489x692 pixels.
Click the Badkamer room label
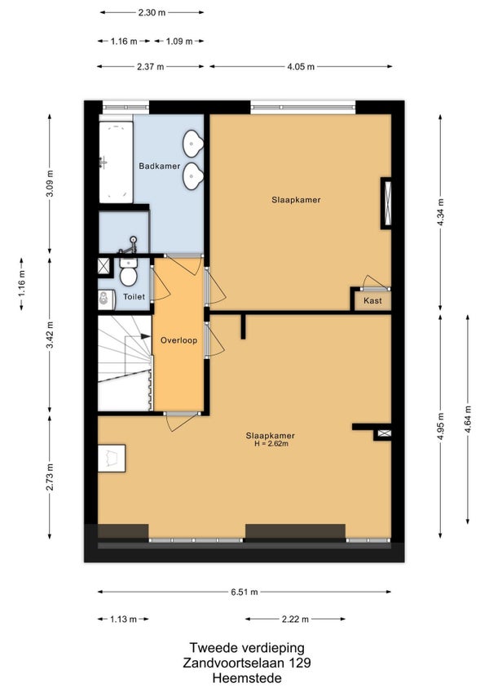(x=159, y=166)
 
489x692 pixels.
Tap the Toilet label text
(x=134, y=296)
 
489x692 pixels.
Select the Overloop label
(x=178, y=340)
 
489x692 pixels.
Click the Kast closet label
(x=372, y=300)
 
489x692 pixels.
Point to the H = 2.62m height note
(x=271, y=444)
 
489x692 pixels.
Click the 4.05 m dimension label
(x=301, y=67)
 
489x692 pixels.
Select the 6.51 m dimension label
(x=244, y=592)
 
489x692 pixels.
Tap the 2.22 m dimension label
(x=295, y=619)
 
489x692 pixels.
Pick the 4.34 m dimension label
(x=440, y=212)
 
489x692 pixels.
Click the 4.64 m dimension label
(x=467, y=419)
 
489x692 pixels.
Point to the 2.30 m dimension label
(x=152, y=12)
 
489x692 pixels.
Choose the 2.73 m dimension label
(x=50, y=477)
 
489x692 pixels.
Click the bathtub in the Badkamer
(x=116, y=162)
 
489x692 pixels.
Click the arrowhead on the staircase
(x=146, y=336)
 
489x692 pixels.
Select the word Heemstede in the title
(x=247, y=678)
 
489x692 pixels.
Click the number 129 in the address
(x=299, y=663)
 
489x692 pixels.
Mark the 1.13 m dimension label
(x=123, y=619)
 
